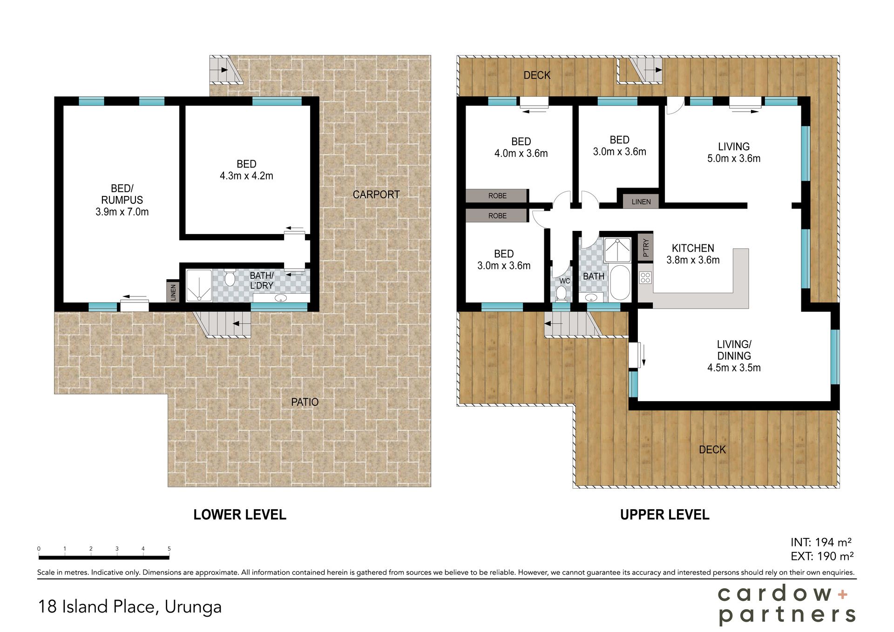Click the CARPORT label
coord(376,195)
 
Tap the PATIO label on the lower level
coord(305,402)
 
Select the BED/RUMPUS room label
coord(122,200)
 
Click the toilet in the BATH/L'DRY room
coord(230,278)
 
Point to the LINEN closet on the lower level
coord(173,291)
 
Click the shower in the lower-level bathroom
coord(199,285)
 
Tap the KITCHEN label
coord(693,248)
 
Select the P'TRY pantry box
coord(645,248)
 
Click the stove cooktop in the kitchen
coord(645,278)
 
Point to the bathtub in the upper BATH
coord(619,282)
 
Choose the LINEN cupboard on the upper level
coord(641,202)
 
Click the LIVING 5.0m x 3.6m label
coord(734,153)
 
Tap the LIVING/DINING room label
coord(734,356)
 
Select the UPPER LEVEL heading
coord(664,515)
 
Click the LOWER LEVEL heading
coord(240,515)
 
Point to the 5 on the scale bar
coord(169,549)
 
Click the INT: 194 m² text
coord(821,542)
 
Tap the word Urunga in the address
coord(193,607)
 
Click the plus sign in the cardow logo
coord(843,594)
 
